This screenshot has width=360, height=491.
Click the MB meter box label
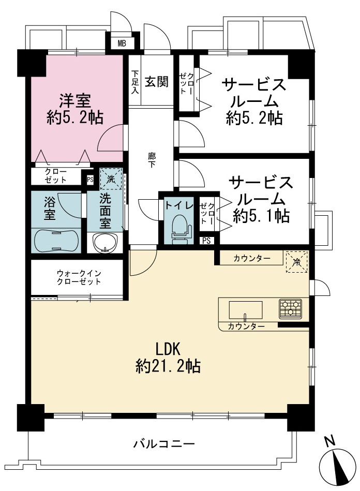[122, 43]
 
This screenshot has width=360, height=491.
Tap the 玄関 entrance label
[156, 82]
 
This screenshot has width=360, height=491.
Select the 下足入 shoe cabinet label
[134, 82]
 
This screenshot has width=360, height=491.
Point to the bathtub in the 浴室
[56, 241]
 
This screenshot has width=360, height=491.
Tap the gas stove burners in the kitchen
[291, 308]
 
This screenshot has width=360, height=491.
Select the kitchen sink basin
[245, 309]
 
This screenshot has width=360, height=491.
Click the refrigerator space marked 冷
[296, 261]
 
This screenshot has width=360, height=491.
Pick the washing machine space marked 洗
[111, 179]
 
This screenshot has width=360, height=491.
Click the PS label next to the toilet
[206, 241]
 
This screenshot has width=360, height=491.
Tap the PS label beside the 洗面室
[90, 180]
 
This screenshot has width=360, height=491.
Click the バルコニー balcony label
[164, 444]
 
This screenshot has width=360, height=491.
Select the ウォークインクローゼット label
[79, 277]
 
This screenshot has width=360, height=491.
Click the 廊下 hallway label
[152, 160]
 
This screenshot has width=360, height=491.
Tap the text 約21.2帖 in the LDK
[168, 366]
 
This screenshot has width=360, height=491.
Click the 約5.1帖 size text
[261, 216]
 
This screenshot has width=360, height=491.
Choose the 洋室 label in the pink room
[75, 100]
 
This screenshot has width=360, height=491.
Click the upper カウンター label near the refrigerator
[252, 259]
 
